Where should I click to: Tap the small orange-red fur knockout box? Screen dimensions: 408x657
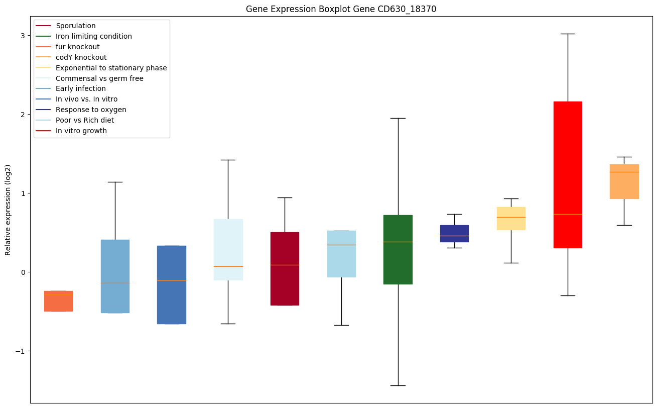point(58,301)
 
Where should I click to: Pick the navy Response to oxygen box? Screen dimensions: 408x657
point(454,233)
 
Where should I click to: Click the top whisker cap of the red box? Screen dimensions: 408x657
point(568,34)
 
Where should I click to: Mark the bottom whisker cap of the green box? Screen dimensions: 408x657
point(398,385)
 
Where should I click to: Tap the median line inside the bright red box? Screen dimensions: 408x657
point(568,214)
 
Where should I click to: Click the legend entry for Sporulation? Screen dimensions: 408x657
point(76,26)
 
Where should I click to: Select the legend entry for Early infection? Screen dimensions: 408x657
point(81,89)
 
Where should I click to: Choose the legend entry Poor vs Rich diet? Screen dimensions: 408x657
point(85,121)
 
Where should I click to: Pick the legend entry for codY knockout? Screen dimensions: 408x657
point(81,57)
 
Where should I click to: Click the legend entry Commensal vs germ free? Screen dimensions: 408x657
point(99,78)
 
